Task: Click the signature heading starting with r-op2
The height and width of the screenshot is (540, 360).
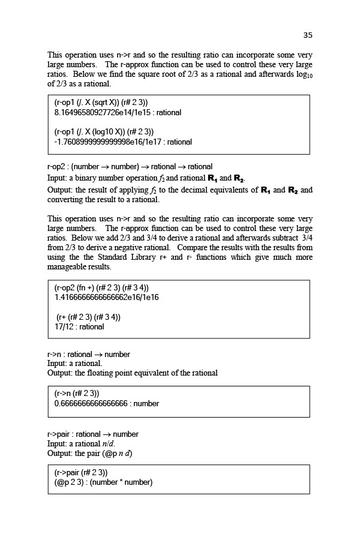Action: (130, 166)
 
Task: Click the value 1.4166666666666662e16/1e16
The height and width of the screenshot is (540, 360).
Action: (106, 297)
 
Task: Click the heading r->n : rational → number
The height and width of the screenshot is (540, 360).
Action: (89, 354)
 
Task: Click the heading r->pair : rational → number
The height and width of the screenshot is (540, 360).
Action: (93, 434)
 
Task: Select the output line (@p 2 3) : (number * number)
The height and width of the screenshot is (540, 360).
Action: (103, 482)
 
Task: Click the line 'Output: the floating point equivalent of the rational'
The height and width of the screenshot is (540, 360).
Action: (133, 373)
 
